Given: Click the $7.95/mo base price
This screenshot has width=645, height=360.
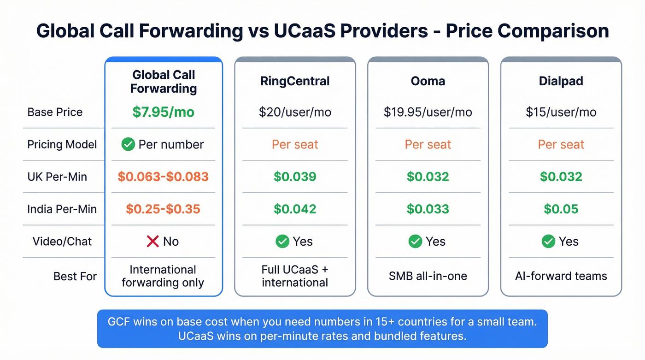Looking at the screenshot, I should click(163, 112).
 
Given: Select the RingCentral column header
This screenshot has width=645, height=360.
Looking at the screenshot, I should click(295, 81).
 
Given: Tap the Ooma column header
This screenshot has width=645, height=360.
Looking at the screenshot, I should click(428, 81).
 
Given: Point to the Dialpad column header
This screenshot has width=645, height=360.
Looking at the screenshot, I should click(561, 81).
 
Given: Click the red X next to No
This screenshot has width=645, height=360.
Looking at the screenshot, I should click(152, 241).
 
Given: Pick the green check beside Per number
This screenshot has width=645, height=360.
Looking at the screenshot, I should click(128, 144).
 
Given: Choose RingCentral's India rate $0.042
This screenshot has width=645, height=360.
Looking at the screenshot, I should click(295, 209).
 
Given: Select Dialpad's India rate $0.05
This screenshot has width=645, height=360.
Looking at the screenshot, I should click(561, 209).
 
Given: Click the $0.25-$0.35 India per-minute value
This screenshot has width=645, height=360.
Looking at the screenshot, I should click(163, 209).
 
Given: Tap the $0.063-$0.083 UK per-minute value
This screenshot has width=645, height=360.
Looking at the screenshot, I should click(163, 177).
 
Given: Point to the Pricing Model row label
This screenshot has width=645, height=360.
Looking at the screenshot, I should click(62, 144).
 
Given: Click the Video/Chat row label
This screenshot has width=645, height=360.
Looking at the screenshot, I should click(62, 241).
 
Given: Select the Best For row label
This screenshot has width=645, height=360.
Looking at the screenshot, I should click(75, 276).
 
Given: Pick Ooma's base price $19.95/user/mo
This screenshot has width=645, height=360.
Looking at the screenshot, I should click(428, 112).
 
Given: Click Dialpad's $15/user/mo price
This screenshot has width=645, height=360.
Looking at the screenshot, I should click(561, 112).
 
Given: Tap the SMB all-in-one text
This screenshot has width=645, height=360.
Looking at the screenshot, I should click(428, 276).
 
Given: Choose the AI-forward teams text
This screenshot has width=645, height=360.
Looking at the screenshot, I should click(561, 276).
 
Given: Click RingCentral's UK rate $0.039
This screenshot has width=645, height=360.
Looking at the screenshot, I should click(295, 177).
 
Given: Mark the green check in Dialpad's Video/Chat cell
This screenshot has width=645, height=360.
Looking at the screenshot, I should click(548, 241).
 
